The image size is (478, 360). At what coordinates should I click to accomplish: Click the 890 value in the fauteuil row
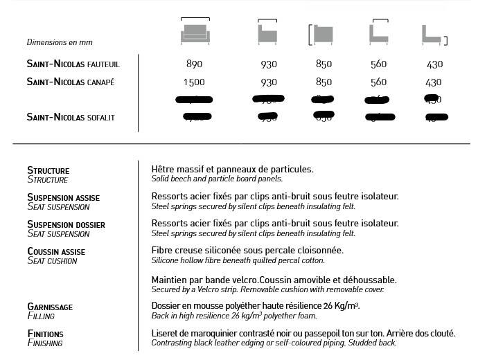point(195,64)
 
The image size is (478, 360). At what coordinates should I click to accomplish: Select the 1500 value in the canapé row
point(195,82)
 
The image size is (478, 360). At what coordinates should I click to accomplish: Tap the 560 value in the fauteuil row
point(378,64)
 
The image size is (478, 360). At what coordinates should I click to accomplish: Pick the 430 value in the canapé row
point(434,82)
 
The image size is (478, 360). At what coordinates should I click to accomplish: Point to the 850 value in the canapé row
point(324,82)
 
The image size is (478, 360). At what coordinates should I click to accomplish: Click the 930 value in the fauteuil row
point(268,64)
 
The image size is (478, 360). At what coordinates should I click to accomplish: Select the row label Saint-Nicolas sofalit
point(71,117)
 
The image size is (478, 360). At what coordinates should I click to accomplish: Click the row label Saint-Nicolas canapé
point(71,82)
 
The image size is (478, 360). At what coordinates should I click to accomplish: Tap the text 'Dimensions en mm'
point(60,42)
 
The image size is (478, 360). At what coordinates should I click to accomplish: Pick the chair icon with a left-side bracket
point(322,34)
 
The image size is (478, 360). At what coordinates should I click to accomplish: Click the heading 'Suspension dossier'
point(66,224)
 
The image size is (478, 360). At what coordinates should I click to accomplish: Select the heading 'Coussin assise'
point(56,251)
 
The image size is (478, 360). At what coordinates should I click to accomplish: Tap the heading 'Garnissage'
point(50,307)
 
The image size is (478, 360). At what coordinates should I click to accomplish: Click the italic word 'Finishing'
point(45,343)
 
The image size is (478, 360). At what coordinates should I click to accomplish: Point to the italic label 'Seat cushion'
point(52,261)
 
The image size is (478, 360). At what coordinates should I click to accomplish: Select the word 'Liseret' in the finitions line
point(165,334)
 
